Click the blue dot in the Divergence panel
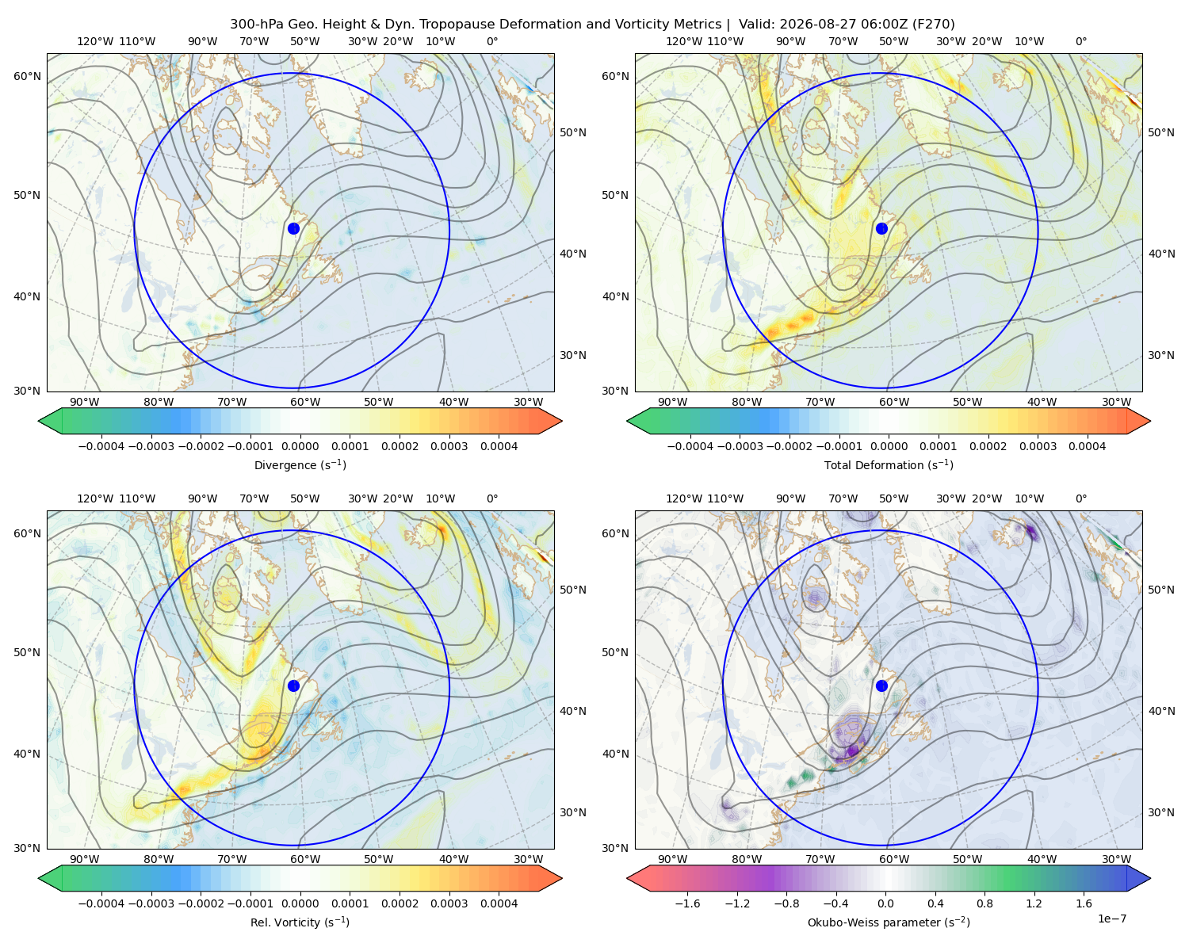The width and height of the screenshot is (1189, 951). [x=293, y=228]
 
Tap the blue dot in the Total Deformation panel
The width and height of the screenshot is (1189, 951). [x=881, y=228]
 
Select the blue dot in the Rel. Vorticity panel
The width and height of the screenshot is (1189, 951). [x=293, y=686]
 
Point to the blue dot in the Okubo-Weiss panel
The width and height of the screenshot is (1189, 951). [x=881, y=686]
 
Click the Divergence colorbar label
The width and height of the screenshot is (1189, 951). [x=300, y=464]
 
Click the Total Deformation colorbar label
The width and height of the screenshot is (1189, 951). [x=889, y=464]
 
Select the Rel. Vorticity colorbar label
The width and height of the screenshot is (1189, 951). [x=300, y=922]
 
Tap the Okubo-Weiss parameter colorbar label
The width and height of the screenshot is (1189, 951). [x=889, y=922]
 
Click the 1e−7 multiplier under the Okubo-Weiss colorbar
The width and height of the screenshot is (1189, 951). [x=1111, y=919]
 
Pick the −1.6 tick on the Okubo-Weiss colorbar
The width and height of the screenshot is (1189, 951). [x=687, y=903]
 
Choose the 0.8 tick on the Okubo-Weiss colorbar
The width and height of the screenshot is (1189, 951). [x=984, y=903]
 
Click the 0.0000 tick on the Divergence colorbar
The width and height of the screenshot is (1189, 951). [x=300, y=446]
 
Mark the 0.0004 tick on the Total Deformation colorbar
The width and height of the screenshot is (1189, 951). [x=1087, y=446]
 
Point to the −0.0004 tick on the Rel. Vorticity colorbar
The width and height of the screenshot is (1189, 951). [x=101, y=903]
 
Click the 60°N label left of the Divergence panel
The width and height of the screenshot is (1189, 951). [x=27, y=76]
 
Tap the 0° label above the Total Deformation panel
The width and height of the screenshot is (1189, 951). [x=1080, y=41]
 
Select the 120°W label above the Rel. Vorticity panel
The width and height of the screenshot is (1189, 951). [x=95, y=498]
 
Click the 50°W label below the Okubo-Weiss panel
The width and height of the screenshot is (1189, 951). [x=967, y=859]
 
